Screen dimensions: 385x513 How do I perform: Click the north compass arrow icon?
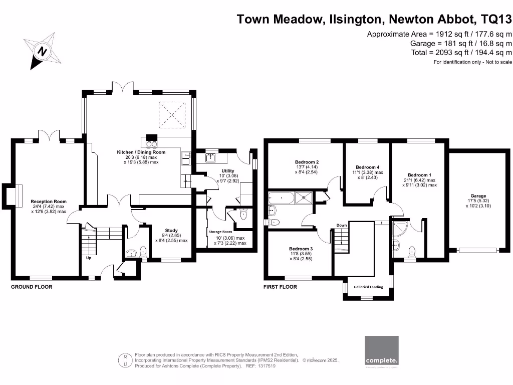[x=43, y=51]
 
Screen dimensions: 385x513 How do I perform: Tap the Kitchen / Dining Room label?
[x=141, y=152]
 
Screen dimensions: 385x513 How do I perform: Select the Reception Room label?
[x=49, y=202]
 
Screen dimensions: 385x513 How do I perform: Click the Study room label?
[x=171, y=231]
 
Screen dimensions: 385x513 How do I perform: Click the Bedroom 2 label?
[x=307, y=162]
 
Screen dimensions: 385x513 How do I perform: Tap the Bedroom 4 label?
[x=368, y=167]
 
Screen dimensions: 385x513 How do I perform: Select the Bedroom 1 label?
[x=419, y=175]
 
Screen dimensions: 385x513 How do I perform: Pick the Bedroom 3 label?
[x=301, y=249]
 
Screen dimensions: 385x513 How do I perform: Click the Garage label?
[x=478, y=196]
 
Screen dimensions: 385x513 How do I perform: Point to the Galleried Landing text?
[x=369, y=287]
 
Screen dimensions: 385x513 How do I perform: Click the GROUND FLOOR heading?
[x=32, y=287]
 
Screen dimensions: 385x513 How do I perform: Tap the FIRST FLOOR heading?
[x=280, y=287]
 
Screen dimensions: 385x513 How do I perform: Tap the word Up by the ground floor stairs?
[x=89, y=259]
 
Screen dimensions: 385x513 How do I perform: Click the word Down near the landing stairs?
[x=342, y=225]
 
